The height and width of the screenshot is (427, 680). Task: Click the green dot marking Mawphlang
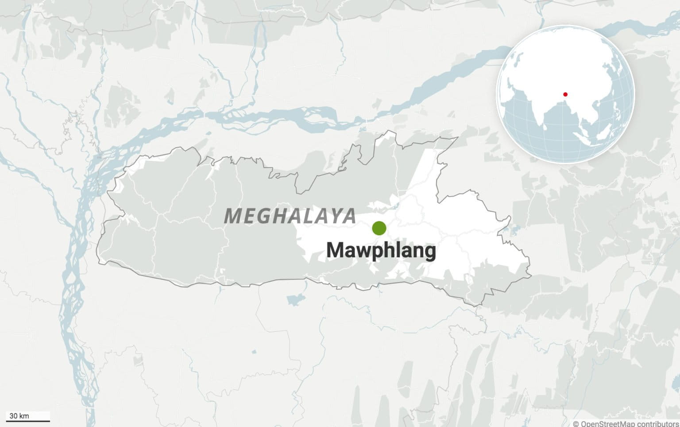pos(379,228)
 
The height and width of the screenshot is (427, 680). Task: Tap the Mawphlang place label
pos(381,251)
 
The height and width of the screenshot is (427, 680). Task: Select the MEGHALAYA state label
pos(290,216)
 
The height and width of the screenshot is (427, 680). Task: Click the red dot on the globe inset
pos(565,94)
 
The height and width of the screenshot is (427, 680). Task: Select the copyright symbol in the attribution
pos(576,424)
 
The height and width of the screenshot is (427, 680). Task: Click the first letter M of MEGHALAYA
pos(233,216)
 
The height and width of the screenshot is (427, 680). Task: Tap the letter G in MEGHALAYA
pos(264,216)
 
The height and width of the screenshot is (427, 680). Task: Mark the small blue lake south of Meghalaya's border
pos(294,300)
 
